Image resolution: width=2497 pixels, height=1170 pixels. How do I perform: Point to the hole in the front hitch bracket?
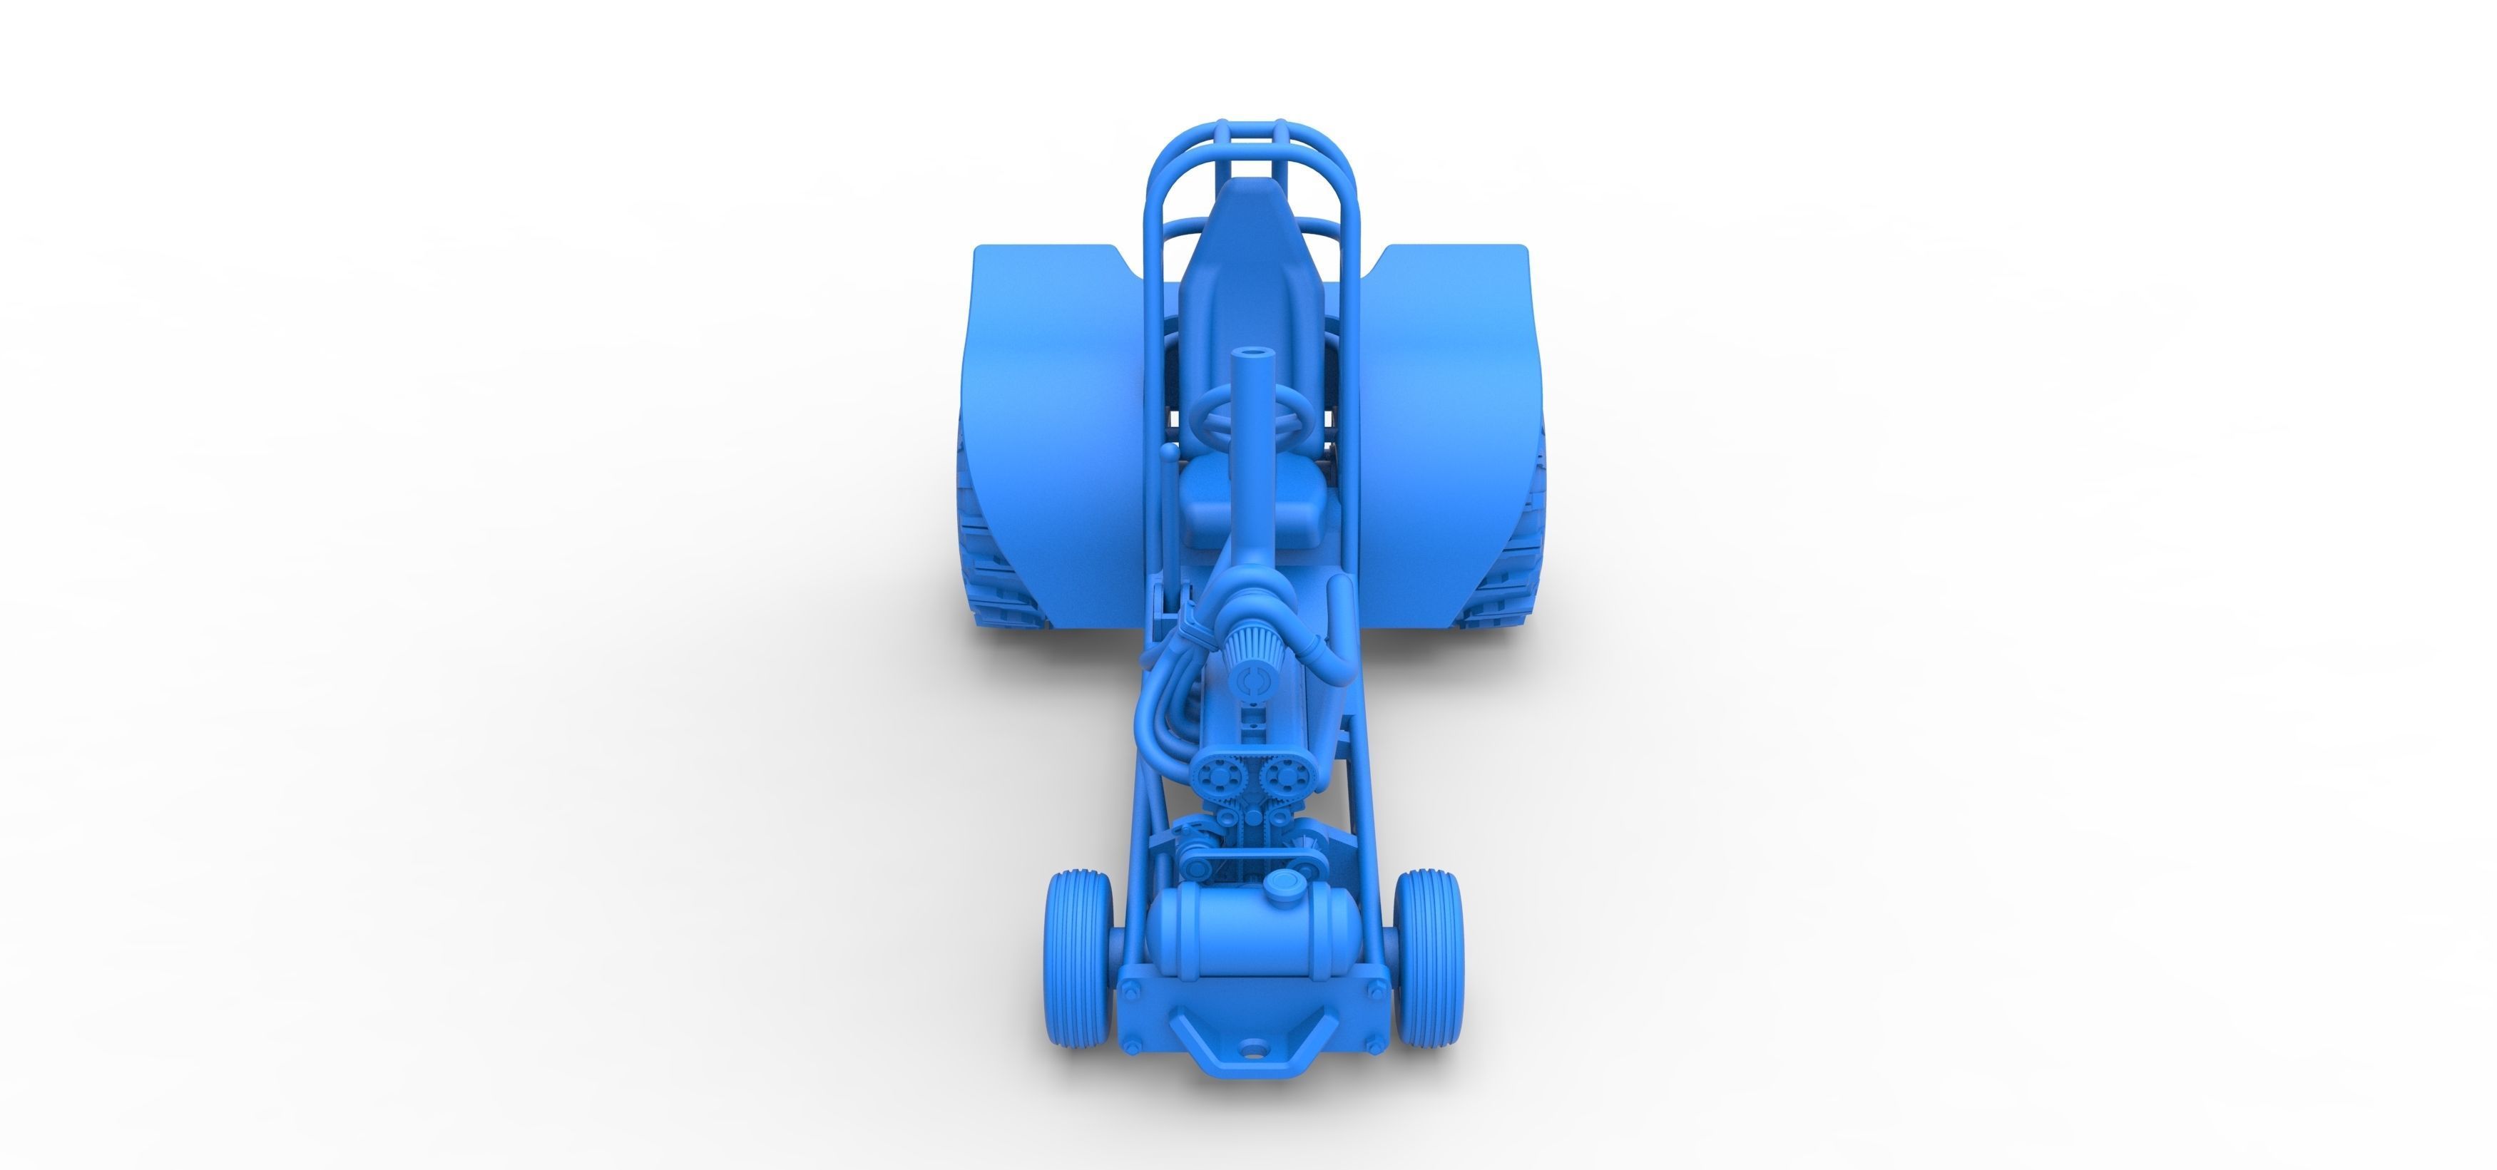(1252, 1048)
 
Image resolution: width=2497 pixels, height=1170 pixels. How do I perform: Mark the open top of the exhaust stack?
(1250, 356)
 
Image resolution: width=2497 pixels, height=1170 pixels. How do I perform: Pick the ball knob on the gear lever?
(1170, 453)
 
